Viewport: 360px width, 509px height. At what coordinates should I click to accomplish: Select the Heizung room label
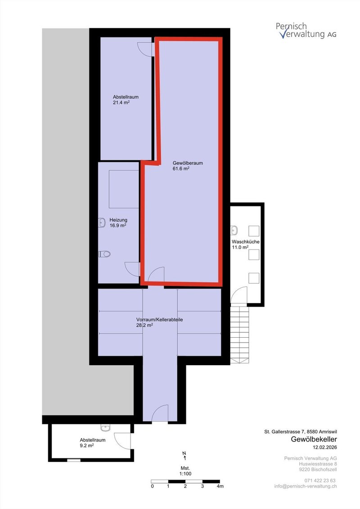click(x=118, y=220)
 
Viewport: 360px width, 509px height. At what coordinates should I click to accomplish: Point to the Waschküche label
click(x=246, y=241)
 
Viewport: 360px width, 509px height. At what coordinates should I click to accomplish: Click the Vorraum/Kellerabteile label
click(x=159, y=320)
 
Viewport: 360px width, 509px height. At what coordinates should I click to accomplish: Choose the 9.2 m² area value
click(x=87, y=446)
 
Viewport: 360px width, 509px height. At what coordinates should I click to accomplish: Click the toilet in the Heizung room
click(x=104, y=254)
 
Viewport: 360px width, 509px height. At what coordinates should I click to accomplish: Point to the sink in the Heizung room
click(x=101, y=222)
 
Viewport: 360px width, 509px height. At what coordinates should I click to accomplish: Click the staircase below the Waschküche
click(x=239, y=333)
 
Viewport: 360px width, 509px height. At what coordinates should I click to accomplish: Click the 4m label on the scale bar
click(x=220, y=486)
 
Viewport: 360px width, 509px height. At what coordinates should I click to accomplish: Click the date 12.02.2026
click(x=324, y=447)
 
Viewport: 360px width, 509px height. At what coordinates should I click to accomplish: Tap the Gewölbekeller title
click(x=314, y=439)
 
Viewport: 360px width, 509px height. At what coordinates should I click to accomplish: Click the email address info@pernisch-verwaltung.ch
click(x=306, y=486)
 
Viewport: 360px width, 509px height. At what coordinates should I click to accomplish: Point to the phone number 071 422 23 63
click(x=320, y=480)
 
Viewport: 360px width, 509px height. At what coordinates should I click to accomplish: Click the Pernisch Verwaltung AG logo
click(x=306, y=30)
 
